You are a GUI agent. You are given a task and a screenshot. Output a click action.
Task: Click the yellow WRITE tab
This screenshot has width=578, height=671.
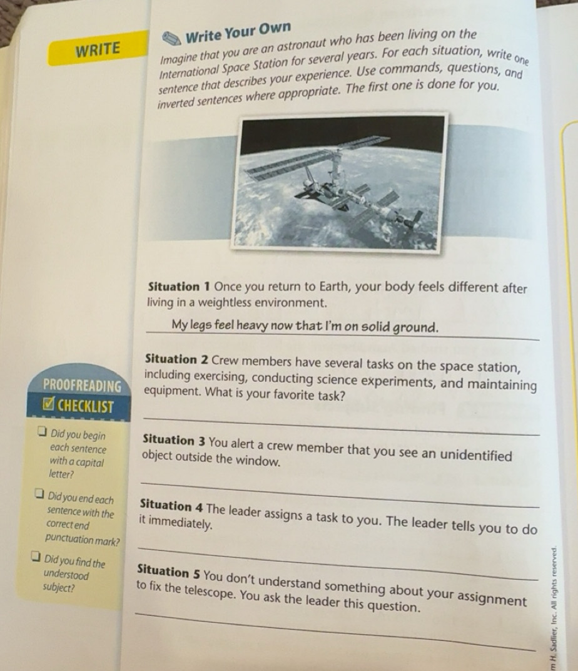(97, 49)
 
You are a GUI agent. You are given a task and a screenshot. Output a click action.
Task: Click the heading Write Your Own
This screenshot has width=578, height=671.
(238, 31)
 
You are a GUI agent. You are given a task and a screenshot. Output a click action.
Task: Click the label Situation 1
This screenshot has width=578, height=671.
(180, 287)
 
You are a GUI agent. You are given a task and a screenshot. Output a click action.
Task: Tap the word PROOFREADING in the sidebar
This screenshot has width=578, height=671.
(83, 384)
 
